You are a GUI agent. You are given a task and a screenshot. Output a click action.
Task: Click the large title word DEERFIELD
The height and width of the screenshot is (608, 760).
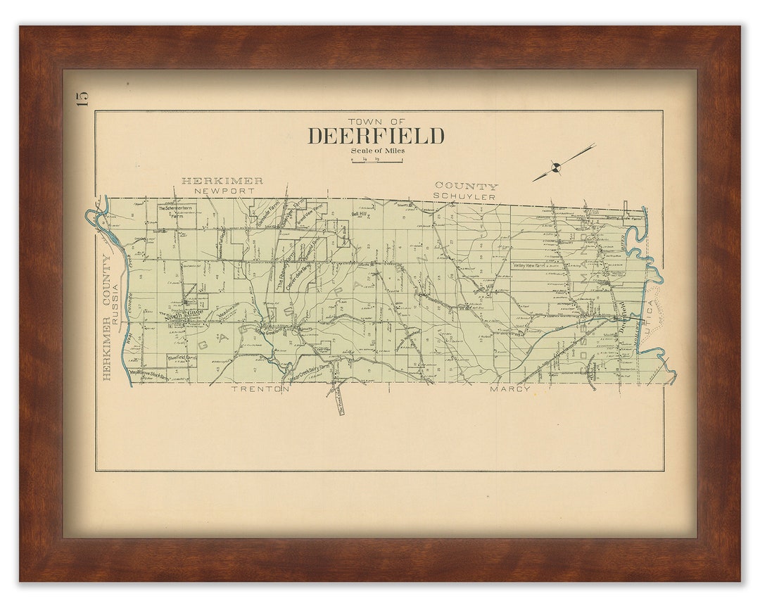376,136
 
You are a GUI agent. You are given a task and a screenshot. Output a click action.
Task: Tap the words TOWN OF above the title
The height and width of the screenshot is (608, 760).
376,122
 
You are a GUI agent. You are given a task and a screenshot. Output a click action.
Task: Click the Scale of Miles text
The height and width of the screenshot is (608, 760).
378,150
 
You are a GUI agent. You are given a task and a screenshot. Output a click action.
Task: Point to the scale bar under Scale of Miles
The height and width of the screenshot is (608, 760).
376,161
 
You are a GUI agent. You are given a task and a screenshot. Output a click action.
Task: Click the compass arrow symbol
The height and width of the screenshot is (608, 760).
557,166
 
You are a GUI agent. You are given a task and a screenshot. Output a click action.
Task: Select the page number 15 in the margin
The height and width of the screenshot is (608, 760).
83,99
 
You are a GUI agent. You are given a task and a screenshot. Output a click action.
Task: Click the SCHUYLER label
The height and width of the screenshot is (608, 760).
464,196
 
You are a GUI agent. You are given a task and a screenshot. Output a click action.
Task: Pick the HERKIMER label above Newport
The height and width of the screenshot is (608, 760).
222,181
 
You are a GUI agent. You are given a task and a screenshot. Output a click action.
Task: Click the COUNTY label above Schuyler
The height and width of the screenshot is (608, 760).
466,186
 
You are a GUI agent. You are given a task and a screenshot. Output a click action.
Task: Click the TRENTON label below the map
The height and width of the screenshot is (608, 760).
261,388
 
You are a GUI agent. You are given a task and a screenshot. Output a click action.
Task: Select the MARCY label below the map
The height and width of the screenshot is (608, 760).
510,388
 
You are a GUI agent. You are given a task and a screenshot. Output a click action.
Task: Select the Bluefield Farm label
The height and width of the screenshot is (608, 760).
182,358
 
